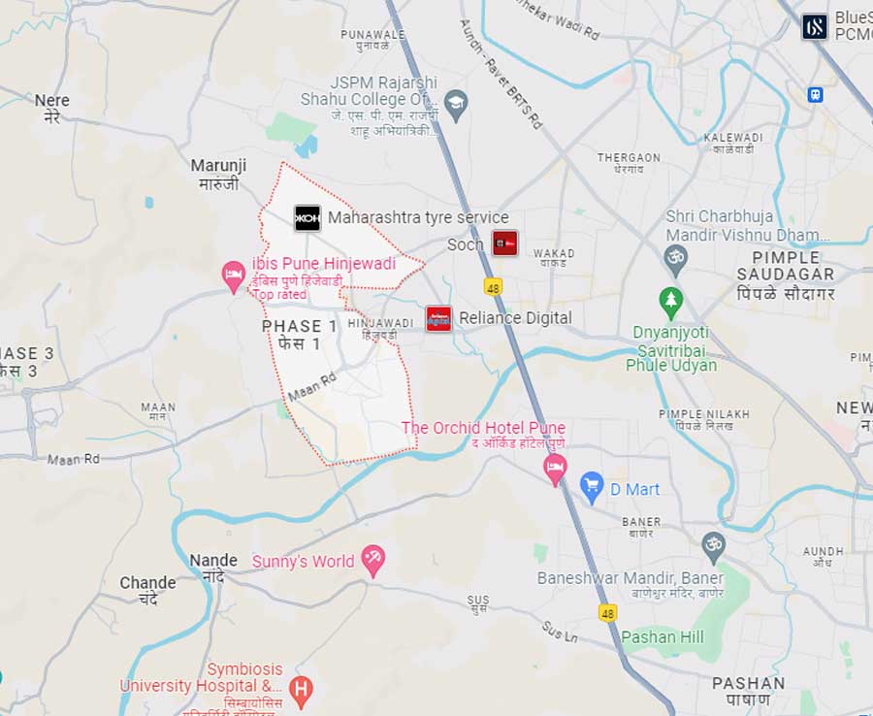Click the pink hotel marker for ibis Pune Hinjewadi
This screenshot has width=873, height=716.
233,275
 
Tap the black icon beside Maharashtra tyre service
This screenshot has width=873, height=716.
307,217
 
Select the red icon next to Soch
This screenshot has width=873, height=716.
504,244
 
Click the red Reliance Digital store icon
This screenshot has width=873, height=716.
438,318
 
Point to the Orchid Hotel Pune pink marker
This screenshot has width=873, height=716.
555,469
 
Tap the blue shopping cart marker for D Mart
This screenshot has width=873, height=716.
592,487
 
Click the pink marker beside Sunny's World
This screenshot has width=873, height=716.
372,559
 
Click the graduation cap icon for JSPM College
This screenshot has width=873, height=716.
456,102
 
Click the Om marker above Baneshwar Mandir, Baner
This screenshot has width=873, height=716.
714,544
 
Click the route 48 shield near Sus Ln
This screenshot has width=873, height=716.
607,613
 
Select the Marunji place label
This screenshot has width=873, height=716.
218,174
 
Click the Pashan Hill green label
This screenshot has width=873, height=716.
663,636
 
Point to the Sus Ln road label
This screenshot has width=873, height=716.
560,632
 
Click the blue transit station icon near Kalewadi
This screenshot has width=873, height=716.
815,94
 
